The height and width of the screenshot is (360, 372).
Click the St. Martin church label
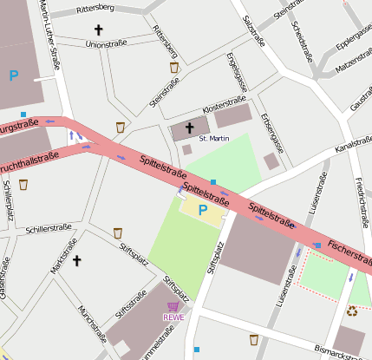pyautogui.click(x=212, y=139)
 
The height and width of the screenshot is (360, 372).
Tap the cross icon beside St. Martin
pyautogui.click(x=190, y=128)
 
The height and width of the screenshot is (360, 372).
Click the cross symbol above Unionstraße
pyautogui.click(x=98, y=29)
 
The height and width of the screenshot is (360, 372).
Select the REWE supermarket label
pyautogui.click(x=173, y=317)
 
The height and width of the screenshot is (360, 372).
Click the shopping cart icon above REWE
pyautogui.click(x=173, y=306)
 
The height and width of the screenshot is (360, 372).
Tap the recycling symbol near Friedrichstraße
pyautogui.click(x=352, y=310)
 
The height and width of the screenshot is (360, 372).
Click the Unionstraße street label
pyautogui.click(x=106, y=43)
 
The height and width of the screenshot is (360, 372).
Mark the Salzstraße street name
pyautogui.click(x=254, y=30)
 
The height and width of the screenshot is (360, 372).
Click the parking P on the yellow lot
pyautogui.click(x=202, y=210)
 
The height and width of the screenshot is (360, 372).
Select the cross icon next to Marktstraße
pyautogui.click(x=76, y=259)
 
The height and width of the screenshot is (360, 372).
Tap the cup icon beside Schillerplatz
pyautogui.click(x=23, y=184)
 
